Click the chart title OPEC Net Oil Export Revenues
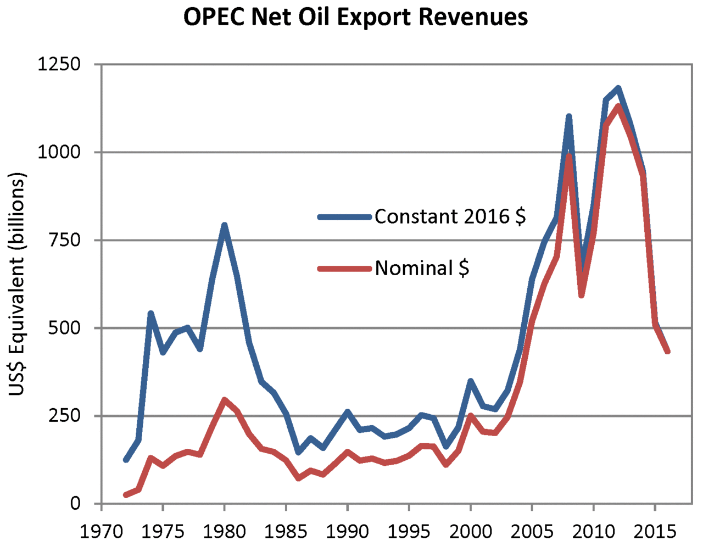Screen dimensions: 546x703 pyautogui.click(x=355, y=17)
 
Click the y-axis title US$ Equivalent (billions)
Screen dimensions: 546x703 pyautogui.click(x=16, y=285)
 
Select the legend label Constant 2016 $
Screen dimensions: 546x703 pyautogui.click(x=450, y=217)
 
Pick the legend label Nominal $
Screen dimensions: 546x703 pyautogui.click(x=422, y=269)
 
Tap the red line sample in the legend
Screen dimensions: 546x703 pyautogui.click(x=345, y=269)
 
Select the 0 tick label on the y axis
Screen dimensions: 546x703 pyautogui.click(x=75, y=504)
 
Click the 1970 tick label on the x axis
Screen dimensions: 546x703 pyautogui.click(x=101, y=532)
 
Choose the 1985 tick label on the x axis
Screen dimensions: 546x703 pyautogui.click(x=286, y=532)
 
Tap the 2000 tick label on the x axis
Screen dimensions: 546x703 pyautogui.click(x=470, y=532)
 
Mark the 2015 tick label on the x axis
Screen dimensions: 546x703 pyautogui.click(x=655, y=532)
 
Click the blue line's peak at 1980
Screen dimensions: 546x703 pyautogui.click(x=224, y=225)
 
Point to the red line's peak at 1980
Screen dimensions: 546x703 pyautogui.click(x=224, y=400)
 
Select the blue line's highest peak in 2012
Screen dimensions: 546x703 pyautogui.click(x=618, y=88)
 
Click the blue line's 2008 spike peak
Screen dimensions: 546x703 pyautogui.click(x=568, y=116)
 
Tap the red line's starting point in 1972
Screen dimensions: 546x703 pyautogui.click(x=126, y=495)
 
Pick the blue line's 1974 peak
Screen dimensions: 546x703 pyautogui.click(x=150, y=313)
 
